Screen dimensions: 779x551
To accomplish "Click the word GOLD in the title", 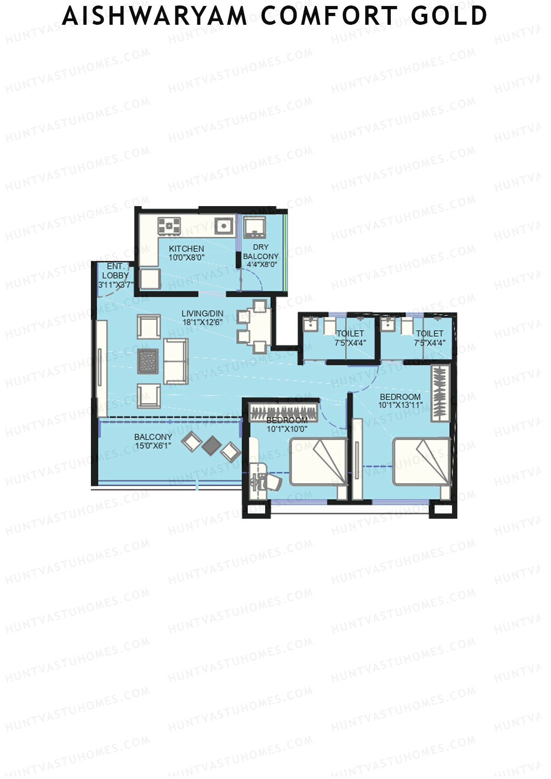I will pos(449,16).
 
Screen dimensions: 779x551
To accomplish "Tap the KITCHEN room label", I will pos(186,248).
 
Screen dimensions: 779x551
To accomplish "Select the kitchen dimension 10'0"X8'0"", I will pos(186,258).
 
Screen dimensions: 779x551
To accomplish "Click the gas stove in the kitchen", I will pos(169,226).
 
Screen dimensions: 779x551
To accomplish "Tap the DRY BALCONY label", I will pos(261,252).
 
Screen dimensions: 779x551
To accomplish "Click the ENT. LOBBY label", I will pos(115,271).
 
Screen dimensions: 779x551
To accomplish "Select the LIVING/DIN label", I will pos(202,314).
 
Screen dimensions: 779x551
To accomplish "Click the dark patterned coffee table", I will pos(148,361).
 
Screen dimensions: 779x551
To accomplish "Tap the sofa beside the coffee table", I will pos(176,361).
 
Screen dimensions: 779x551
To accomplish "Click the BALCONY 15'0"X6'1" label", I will pos(153,441).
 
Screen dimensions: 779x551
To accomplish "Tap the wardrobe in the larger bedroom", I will pos(439,393).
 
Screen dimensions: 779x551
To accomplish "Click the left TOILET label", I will pos(350,334).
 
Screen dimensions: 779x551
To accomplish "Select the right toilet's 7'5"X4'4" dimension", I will pos(429,342).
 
